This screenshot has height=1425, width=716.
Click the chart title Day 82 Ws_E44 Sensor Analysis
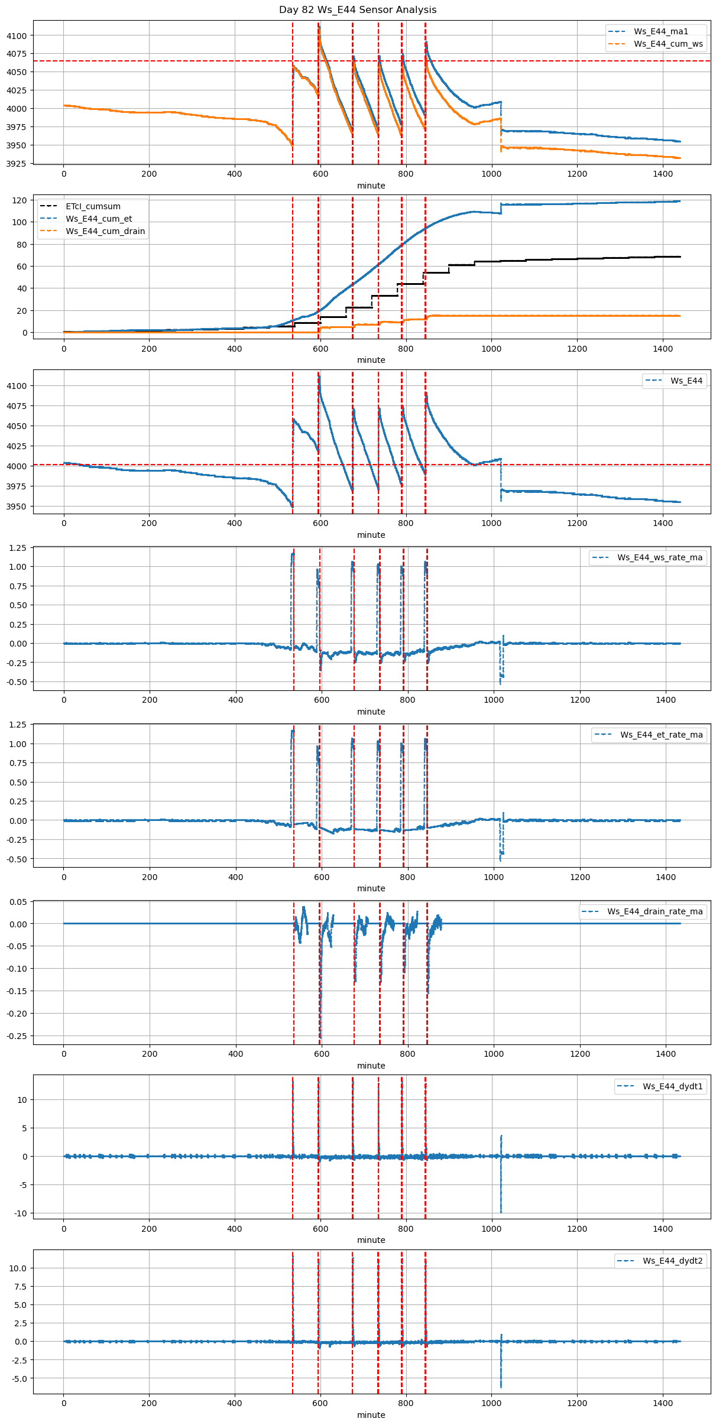click(358, 9)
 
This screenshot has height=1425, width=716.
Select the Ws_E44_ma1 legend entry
click(660, 31)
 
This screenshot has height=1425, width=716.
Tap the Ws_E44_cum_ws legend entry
click(668, 44)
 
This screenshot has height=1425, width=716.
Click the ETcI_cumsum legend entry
click(93, 206)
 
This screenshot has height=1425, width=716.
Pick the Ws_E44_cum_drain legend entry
click(105, 231)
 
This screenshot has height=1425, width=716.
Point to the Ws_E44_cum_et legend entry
click(99, 219)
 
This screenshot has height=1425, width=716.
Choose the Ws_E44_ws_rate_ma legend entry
click(660, 557)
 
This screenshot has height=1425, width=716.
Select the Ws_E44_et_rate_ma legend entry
click(661, 735)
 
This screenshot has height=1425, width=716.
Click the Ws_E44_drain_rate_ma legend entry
click(655, 911)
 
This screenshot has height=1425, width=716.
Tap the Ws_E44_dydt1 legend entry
click(672, 1086)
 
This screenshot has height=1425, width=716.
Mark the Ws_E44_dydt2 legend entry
click(672, 1261)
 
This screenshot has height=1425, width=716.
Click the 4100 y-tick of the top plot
click(17, 35)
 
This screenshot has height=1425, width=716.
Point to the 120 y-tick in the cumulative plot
click(20, 200)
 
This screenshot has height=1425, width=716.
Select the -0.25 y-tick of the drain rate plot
click(17, 1036)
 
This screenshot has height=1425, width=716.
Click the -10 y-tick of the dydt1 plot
click(21, 1213)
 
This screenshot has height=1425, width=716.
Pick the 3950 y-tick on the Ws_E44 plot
click(17, 507)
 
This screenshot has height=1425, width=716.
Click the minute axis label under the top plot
click(371, 186)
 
